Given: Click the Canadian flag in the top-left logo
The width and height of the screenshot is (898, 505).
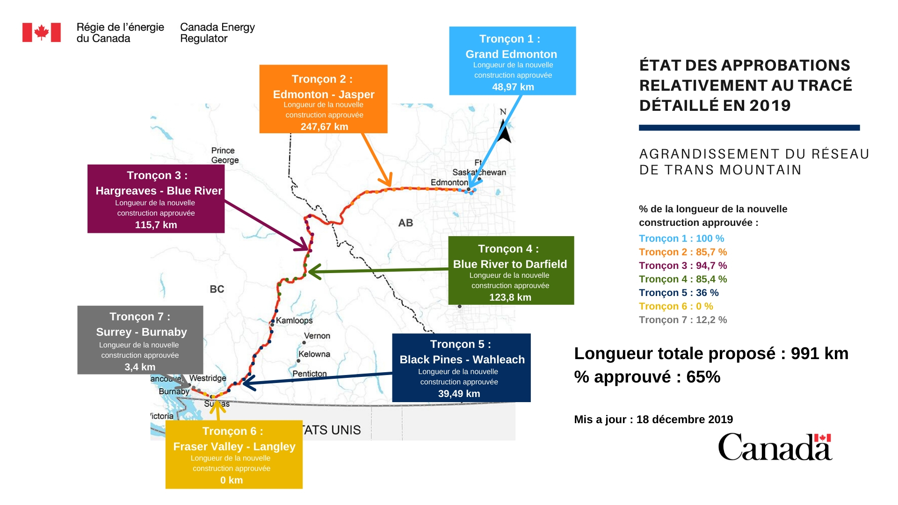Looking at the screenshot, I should (42, 33).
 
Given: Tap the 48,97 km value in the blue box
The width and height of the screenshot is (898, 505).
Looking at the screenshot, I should (513, 87).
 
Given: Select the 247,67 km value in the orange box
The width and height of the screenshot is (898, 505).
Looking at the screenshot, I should (324, 127).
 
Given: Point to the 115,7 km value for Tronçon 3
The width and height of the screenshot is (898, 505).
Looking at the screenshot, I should (156, 225).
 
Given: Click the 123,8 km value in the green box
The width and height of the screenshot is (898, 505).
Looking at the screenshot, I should (510, 297).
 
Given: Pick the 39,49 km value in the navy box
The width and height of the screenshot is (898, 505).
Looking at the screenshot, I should (459, 394).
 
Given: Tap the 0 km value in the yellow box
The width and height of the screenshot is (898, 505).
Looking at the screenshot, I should (232, 480).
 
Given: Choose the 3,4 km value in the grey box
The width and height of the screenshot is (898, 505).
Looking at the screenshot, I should (140, 367).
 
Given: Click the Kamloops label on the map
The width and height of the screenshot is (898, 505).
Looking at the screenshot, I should (294, 320).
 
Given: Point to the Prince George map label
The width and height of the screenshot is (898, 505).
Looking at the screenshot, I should (224, 155).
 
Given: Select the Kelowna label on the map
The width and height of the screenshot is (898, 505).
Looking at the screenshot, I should (314, 354).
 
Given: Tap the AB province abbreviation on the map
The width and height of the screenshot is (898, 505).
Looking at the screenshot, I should (406, 223).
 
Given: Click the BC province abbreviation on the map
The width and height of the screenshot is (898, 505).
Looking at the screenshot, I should (217, 289).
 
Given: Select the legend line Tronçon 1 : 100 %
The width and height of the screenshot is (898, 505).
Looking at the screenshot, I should (681, 238).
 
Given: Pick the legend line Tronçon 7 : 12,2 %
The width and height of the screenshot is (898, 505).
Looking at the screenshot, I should (683, 320).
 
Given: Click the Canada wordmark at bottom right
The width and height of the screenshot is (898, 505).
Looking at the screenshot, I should (775, 447).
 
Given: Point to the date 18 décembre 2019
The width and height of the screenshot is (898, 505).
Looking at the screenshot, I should (684, 419).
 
